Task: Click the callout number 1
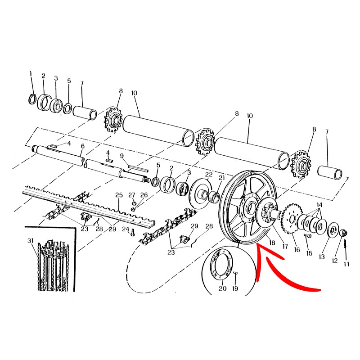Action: tap(31, 74)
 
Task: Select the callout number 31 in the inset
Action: tap(31, 241)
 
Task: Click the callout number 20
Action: tap(222, 288)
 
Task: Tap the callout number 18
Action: tap(272, 243)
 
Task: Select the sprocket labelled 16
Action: tap(292, 218)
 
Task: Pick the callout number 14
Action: tap(319, 205)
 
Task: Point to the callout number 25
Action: tap(119, 195)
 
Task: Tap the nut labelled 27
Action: tap(133, 203)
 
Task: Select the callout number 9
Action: tap(122, 156)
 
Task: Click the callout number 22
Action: tap(209, 174)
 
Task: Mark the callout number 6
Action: tap(83, 146)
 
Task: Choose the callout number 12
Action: tap(334, 261)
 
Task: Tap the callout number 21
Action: tap(221, 178)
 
